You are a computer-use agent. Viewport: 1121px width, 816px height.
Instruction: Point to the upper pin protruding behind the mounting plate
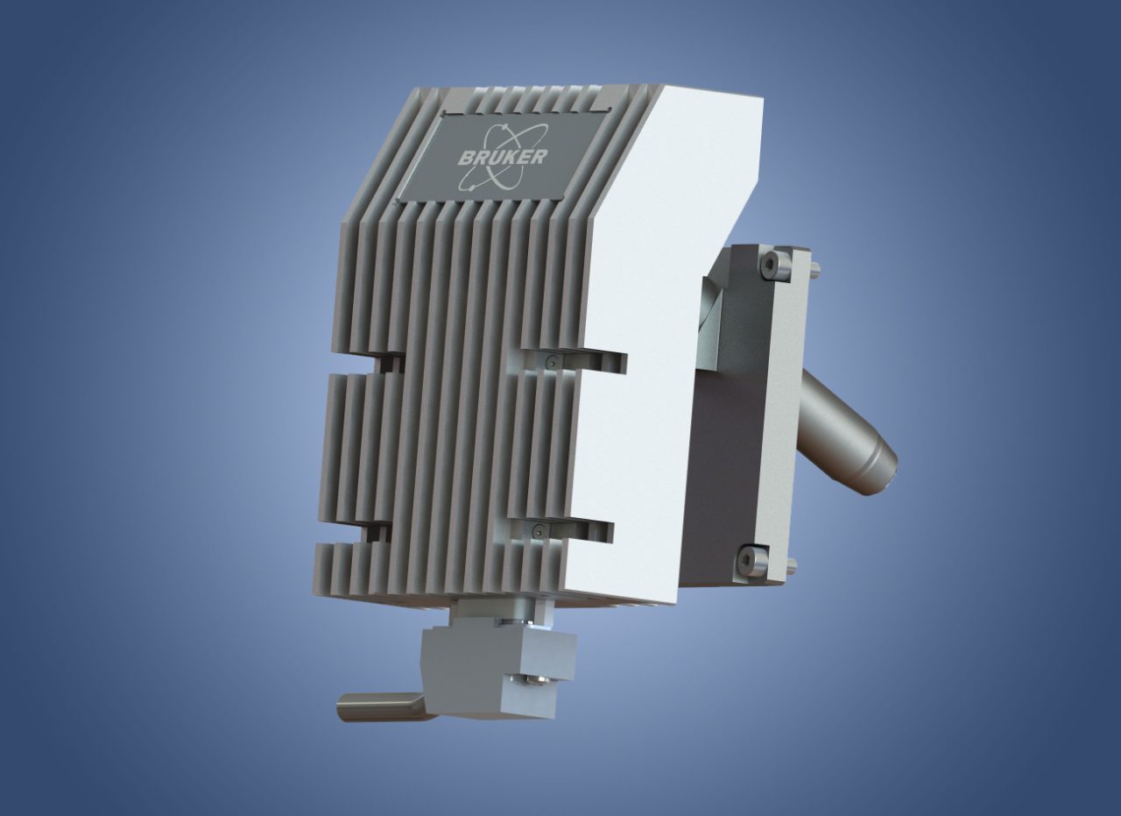[815, 266]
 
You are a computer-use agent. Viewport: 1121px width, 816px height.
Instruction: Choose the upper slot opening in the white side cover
[604, 362]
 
